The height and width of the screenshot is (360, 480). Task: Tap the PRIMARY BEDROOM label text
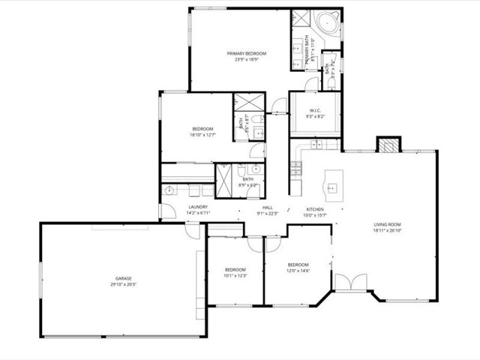pos(247,53)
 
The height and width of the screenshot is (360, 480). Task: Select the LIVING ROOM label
pos(388,224)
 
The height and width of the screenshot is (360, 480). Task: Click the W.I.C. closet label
pos(314,110)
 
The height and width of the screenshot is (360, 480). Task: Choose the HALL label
pos(267,208)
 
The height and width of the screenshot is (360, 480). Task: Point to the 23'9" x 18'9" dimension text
pos(247,59)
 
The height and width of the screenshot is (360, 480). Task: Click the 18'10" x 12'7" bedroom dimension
pos(202,135)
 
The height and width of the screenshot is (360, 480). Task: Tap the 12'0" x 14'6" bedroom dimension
pos(298,271)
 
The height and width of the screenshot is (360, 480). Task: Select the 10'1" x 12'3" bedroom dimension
pos(235,275)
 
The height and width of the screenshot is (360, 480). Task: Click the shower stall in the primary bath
pos(301,19)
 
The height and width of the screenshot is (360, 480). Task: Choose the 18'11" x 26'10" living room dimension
pos(388,231)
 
